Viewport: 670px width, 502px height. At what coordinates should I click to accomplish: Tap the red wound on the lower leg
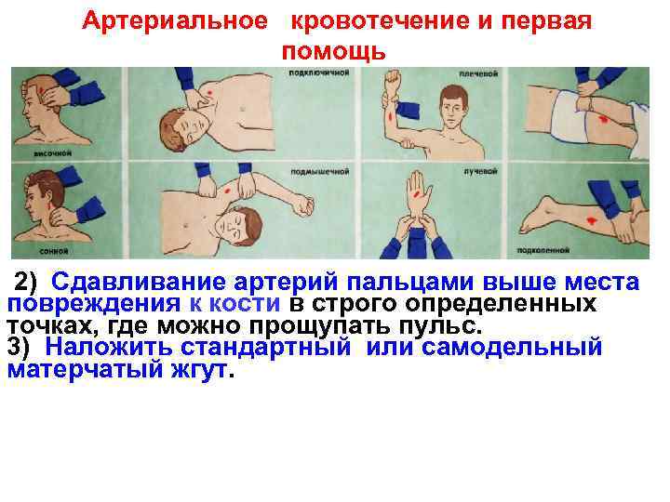click(x=593, y=218)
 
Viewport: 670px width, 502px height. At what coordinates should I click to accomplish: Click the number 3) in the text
click(x=23, y=349)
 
